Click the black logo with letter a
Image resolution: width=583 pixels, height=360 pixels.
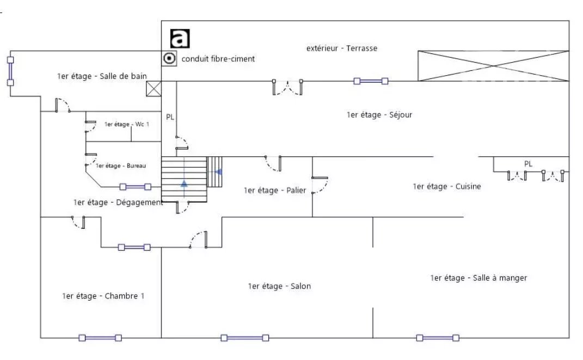click(180, 39)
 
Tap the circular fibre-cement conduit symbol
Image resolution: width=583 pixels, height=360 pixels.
click(169, 58)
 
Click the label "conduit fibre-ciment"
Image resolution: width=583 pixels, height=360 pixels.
click(218, 59)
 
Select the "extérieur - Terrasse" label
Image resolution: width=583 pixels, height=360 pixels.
click(342, 48)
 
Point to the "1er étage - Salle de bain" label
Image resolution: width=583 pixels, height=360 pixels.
click(102, 76)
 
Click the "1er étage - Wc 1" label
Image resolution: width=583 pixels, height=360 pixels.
click(127, 124)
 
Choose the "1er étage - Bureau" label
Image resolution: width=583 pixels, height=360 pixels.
click(121, 166)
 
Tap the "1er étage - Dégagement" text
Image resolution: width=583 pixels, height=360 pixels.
click(118, 203)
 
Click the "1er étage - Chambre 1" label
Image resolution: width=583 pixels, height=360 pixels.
click(103, 296)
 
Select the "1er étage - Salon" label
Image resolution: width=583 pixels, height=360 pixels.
click(279, 286)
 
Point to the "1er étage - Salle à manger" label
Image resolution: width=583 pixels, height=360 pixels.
click(478, 278)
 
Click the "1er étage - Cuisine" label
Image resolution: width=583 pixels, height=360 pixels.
click(447, 186)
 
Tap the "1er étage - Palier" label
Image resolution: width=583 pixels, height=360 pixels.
click(275, 191)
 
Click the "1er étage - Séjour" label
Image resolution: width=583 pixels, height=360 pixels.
click(379, 115)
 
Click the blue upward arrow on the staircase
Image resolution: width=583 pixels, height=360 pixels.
click(184, 183)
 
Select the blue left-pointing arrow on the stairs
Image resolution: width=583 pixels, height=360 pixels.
click(218, 172)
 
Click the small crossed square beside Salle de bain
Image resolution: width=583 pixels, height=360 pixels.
click(154, 89)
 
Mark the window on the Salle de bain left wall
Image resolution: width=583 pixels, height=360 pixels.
click(10, 71)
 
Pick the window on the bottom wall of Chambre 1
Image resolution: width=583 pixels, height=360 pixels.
click(100, 338)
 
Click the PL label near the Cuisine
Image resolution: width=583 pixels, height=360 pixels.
click(529, 163)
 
